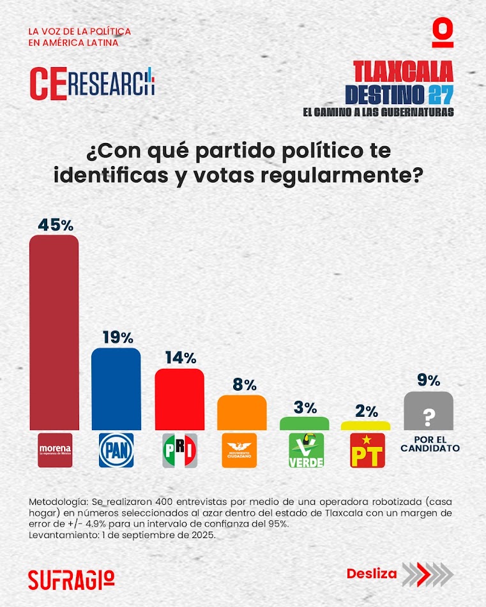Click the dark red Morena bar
(x=54, y=332)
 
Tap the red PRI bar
(x=179, y=399)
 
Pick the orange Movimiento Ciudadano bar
(x=241, y=412)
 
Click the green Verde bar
(x=305, y=423)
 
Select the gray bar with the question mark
(x=429, y=411)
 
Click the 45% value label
(x=56, y=225)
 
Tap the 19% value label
(x=116, y=337)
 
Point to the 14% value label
(x=179, y=357)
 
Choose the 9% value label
(x=429, y=381)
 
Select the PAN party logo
(x=116, y=450)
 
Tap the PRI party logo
(x=179, y=450)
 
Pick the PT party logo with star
(x=367, y=450)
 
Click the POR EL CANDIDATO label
(x=430, y=444)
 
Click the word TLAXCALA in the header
(x=403, y=71)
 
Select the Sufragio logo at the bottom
(x=72, y=578)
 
